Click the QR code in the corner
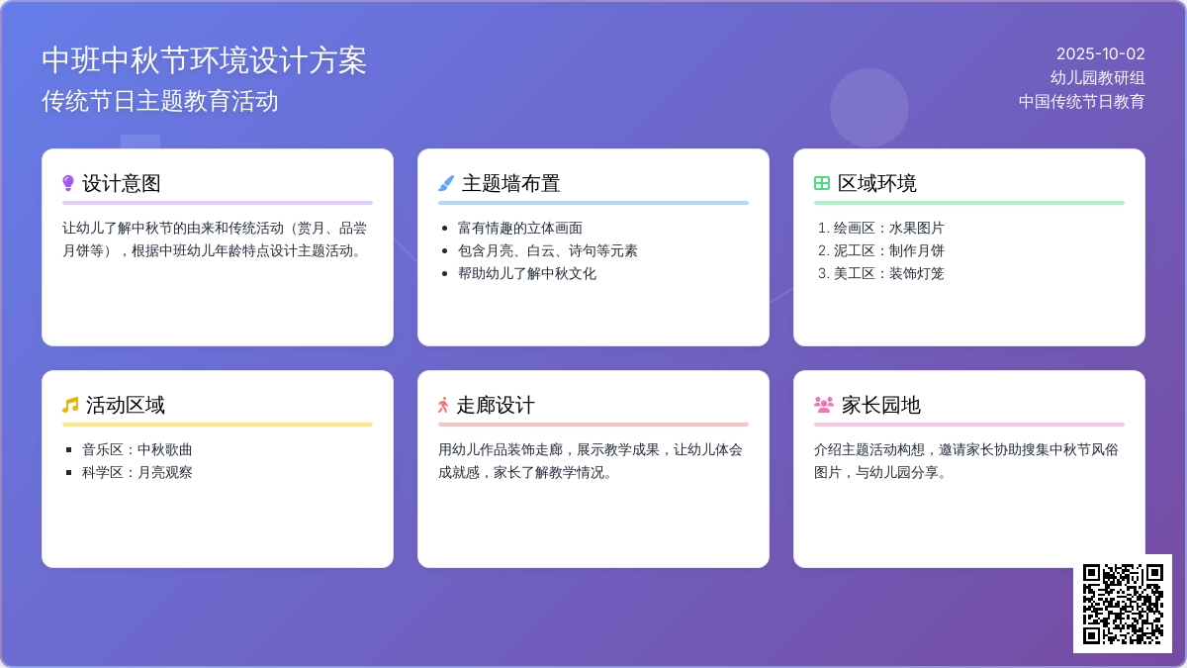1123,604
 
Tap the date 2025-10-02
1101,54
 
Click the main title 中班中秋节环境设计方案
204,60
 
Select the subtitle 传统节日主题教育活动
159,101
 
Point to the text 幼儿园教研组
1097,78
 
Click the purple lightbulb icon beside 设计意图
68,183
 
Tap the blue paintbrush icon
446,183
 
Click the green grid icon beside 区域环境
821,183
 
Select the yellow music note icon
70,405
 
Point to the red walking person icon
443,405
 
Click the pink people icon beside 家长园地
823,405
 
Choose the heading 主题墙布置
510,183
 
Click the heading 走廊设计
496,405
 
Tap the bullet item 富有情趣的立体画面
520,228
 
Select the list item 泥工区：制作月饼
888,250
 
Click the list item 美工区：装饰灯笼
888,273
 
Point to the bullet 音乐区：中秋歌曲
137,449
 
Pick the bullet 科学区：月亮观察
137,472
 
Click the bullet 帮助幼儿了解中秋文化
526,273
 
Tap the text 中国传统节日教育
1081,101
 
